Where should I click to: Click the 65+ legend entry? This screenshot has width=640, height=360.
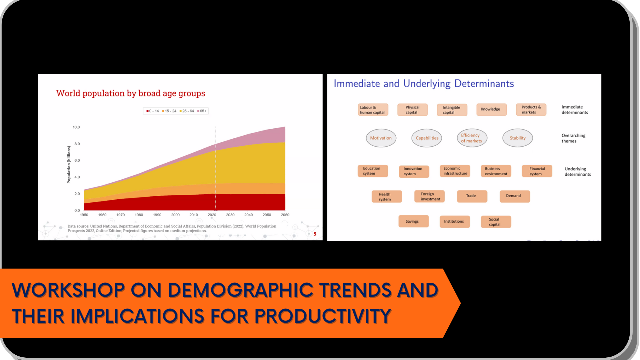point(202,111)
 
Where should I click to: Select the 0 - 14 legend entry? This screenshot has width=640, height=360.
point(153,111)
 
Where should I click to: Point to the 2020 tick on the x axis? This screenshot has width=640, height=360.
point(212,215)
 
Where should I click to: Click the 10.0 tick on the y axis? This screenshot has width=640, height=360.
point(76,127)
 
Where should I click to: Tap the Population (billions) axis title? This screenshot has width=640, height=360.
point(69,165)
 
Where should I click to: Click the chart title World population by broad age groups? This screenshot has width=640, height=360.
point(131,93)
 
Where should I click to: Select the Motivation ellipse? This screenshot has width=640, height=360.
point(381,138)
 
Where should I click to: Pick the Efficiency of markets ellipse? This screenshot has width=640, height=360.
point(472,138)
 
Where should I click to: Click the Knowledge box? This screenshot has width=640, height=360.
point(491,109)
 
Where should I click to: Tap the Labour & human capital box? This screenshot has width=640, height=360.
point(373,110)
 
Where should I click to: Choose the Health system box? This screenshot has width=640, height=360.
point(387,197)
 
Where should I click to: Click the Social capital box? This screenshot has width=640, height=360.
point(496,222)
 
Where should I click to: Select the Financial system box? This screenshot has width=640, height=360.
point(537,171)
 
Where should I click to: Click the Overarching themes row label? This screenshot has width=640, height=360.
point(573,138)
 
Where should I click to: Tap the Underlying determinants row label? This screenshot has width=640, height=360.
point(577,171)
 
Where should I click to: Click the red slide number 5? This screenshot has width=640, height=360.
point(315,234)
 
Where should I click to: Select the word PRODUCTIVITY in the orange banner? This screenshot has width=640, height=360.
point(323,316)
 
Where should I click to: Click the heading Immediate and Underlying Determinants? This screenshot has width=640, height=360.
point(424,84)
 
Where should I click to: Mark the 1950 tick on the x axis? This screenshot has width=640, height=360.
point(84,215)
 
